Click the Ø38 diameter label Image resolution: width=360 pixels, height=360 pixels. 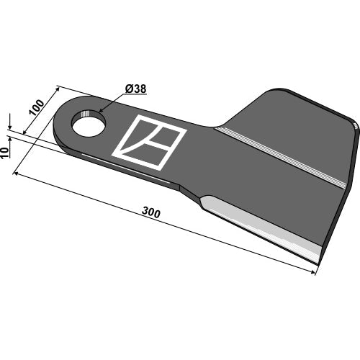tap(135, 89)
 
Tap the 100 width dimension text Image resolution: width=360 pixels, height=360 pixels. tap(37, 107)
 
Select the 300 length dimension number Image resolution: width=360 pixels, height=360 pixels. tap(151, 212)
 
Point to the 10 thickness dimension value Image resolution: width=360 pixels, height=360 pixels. tap(5, 153)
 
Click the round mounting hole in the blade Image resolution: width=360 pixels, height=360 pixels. tap(89, 124)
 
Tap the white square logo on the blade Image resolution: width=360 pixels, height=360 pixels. tap(149, 143)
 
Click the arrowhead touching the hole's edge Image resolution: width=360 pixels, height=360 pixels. tap(101, 110)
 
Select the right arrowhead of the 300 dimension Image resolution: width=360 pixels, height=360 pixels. tap(312, 272)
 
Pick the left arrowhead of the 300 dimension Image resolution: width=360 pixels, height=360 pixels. tap(17, 173)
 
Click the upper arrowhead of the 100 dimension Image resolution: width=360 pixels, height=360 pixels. tap(57, 89)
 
